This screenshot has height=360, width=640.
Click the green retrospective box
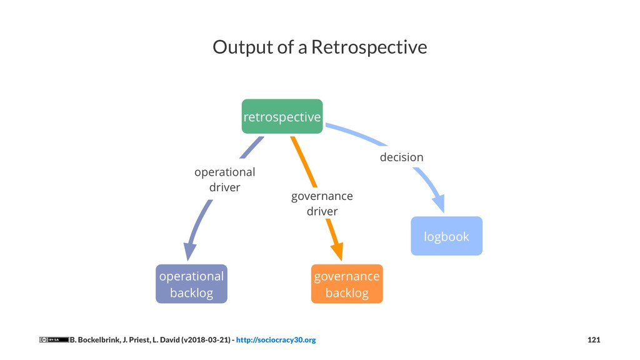click(282, 116)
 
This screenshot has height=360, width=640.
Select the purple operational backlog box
click(191, 284)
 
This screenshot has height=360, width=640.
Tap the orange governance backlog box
click(347, 284)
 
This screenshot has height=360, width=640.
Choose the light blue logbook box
click(446, 236)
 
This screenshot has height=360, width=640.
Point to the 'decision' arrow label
click(401, 157)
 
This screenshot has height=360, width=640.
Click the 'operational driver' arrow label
click(225, 179)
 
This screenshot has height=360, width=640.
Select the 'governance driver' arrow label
click(322, 204)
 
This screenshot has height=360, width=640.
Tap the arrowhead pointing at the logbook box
click(439, 204)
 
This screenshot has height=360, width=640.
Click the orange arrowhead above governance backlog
click(337, 251)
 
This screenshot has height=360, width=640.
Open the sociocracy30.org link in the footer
click(276, 340)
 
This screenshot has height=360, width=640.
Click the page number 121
click(594, 340)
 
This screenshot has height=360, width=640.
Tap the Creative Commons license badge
click(54, 340)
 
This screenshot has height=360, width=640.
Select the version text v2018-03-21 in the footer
click(207, 340)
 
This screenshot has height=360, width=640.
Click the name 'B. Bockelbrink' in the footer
click(93, 340)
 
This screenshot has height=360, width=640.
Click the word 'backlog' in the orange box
click(347, 292)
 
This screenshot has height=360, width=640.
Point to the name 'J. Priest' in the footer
click(132, 340)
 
